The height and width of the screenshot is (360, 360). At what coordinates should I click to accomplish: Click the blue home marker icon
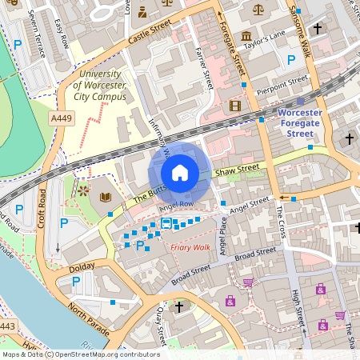(x=180, y=173)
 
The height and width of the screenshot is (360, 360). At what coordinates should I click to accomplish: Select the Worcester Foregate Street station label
(x=305, y=123)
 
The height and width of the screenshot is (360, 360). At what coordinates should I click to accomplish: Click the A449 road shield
(x=60, y=118)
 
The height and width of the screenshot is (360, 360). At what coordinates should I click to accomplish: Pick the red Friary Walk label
(x=190, y=247)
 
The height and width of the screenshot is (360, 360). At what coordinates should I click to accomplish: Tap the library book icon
(x=106, y=197)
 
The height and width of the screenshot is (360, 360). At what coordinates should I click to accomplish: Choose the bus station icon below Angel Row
(x=166, y=222)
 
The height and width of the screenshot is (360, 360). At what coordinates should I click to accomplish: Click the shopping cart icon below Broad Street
(x=248, y=282)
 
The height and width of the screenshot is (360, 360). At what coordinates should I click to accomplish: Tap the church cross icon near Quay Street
(x=179, y=306)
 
